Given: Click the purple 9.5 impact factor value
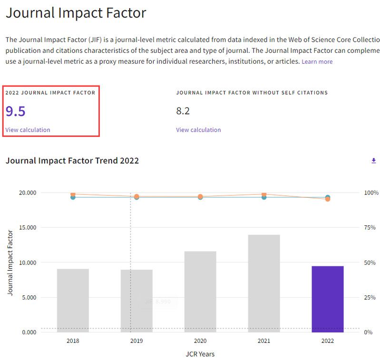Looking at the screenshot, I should tap(15, 111).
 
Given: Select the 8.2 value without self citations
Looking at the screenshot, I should tap(183, 111).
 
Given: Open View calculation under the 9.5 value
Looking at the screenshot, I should tap(28, 130).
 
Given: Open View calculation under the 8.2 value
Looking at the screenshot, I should tap(198, 130).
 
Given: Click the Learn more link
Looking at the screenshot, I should tap(317, 62).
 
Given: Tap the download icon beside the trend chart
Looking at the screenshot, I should tap(373, 161).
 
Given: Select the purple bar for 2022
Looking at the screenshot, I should tap(327, 299).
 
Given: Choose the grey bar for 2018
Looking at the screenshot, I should tap(73, 301).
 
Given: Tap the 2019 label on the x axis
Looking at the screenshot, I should tap(136, 341).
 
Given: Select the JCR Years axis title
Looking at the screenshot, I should tap(200, 354).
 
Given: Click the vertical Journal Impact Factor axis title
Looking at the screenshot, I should tap(10, 262).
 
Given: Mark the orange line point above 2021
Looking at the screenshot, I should tap(264, 194).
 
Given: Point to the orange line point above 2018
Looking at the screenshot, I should tap(73, 194).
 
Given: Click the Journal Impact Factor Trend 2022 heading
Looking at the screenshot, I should tap(72, 161).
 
